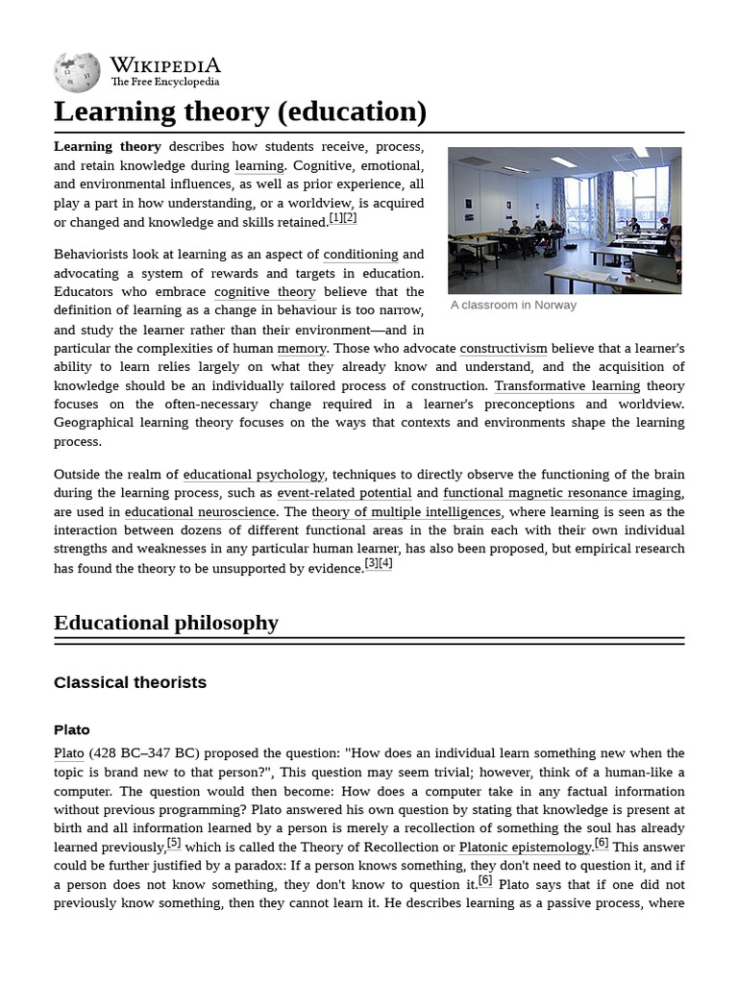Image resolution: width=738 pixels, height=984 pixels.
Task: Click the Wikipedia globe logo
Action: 77,72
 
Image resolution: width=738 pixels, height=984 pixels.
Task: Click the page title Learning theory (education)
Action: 240,112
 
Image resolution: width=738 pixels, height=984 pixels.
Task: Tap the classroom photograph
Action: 564,220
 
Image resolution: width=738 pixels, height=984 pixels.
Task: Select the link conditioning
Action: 360,255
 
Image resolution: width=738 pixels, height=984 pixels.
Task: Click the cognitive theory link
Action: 264,292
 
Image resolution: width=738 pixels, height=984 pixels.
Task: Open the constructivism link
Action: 503,349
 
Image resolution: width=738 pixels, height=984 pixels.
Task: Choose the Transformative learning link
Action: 567,386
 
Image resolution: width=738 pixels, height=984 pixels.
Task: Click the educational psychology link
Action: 254,475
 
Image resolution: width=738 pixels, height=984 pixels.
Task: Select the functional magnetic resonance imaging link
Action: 562,493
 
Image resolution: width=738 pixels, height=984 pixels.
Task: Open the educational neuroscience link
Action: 201,512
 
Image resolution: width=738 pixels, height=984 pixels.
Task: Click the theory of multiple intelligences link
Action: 406,512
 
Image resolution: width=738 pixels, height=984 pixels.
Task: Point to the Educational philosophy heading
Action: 166,623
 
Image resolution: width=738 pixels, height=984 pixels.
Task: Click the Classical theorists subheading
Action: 130,683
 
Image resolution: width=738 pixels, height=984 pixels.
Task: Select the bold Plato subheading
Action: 72,730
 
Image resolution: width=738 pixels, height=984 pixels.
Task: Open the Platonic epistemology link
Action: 526,848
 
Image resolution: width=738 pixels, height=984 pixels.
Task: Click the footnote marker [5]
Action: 174,844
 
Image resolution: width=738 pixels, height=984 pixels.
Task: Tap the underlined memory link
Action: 302,349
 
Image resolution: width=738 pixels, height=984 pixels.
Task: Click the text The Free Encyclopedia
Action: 164,83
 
